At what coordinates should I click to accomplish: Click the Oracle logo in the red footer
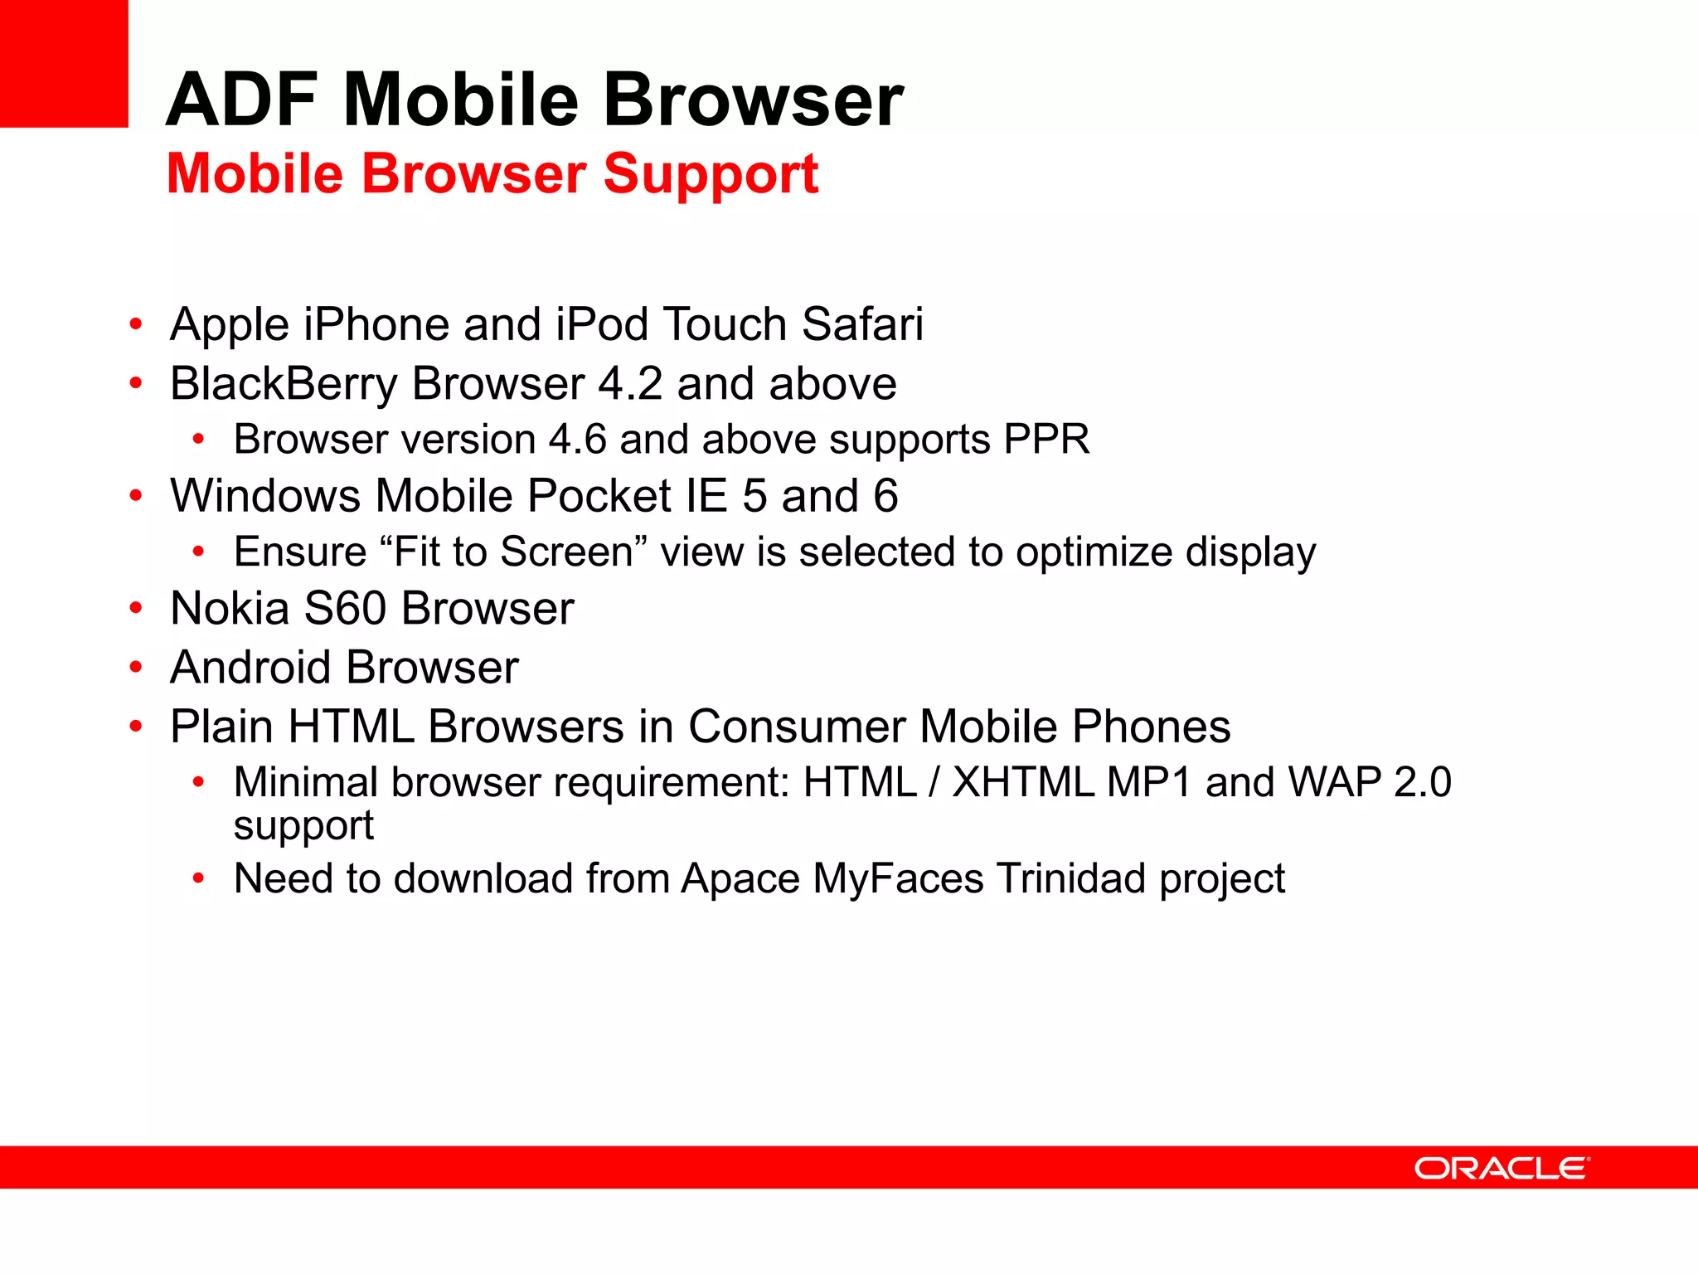1502,1168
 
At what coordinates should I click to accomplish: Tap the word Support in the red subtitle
711,175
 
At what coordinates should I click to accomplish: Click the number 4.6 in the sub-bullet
577,440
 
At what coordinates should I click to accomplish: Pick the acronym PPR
1046,440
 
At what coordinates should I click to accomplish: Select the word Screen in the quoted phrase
566,552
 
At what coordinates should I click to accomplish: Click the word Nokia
230,609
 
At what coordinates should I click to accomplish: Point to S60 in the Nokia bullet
346,609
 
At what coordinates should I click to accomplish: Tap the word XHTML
1023,782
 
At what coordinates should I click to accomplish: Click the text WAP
1334,782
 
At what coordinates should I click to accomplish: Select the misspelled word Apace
740,879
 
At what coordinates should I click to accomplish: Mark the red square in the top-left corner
64,63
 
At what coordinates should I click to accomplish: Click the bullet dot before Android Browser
136,667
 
